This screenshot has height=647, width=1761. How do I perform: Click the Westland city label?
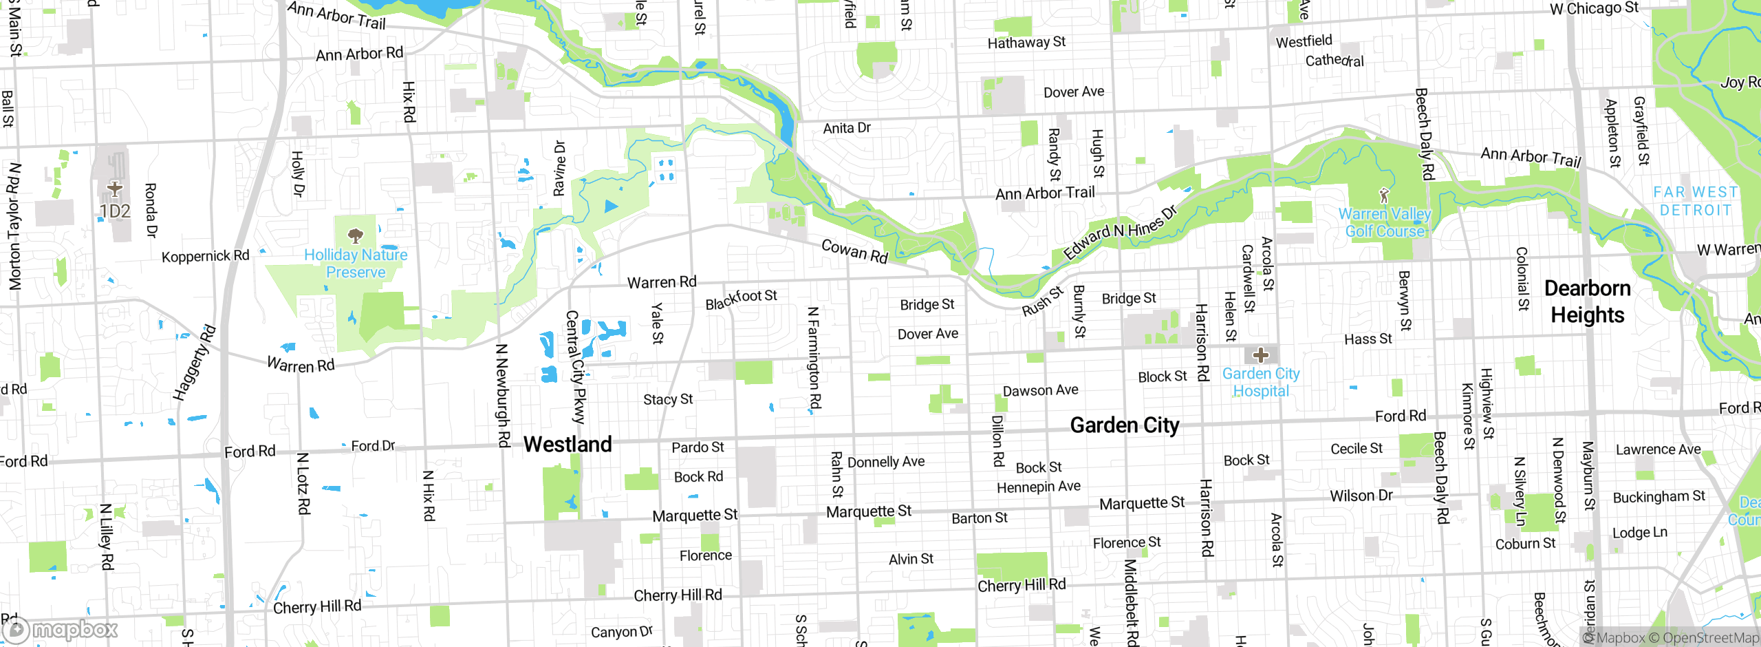tap(568, 445)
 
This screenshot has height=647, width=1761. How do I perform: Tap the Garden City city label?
tap(1125, 425)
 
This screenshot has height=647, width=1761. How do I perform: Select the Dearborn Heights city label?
tap(1588, 301)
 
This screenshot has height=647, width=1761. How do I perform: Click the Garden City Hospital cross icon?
tap(1260, 355)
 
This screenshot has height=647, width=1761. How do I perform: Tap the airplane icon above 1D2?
tap(115, 188)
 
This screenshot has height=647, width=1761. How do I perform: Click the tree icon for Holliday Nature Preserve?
tap(356, 236)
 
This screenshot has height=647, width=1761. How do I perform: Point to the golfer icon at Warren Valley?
tap(1384, 195)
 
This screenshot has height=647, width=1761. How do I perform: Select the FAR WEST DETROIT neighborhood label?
tap(1696, 201)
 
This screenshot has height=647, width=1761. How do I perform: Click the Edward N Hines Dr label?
tap(1120, 232)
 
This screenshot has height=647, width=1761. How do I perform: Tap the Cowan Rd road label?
tap(854, 251)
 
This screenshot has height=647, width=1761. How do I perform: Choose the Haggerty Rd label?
tap(194, 363)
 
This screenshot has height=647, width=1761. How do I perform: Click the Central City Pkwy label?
tap(575, 366)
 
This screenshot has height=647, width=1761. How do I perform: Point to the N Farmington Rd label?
tap(814, 358)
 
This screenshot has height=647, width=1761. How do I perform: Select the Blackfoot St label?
tap(741, 299)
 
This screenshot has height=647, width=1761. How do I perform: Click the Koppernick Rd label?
tap(205, 256)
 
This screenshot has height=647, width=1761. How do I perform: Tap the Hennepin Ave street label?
tap(1039, 487)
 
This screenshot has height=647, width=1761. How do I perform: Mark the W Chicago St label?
tap(1595, 9)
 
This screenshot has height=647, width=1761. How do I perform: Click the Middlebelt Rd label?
tap(1130, 602)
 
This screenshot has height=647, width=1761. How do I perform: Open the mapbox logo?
tap(61, 630)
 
